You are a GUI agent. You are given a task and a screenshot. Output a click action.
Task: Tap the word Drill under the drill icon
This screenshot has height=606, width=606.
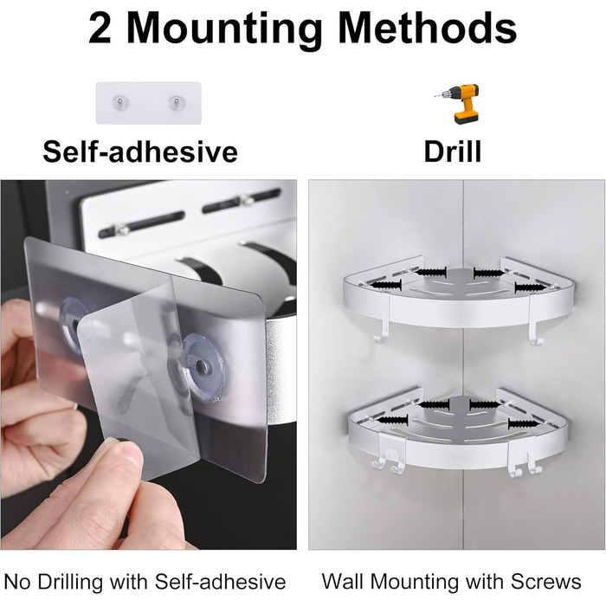click(x=453, y=151)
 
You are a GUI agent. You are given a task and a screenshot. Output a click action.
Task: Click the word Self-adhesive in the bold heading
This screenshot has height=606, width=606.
click(x=140, y=151)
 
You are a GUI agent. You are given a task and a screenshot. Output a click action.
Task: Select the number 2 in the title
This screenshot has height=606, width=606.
click(x=100, y=29)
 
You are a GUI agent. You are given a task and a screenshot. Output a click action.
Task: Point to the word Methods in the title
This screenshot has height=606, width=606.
click(x=428, y=28)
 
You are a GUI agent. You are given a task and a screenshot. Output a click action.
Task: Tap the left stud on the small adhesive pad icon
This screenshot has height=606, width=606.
click(x=119, y=102)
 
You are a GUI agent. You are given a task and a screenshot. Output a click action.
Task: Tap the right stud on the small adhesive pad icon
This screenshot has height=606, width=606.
click(x=177, y=102)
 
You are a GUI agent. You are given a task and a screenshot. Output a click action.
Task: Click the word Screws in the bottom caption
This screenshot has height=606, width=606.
click(x=545, y=581)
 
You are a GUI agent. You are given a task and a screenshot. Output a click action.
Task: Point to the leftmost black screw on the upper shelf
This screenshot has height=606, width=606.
click(x=386, y=285)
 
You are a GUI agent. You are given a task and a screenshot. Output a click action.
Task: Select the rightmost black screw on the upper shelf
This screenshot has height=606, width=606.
click(x=530, y=287)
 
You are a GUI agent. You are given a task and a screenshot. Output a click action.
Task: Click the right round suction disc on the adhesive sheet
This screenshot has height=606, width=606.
click(x=202, y=366)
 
